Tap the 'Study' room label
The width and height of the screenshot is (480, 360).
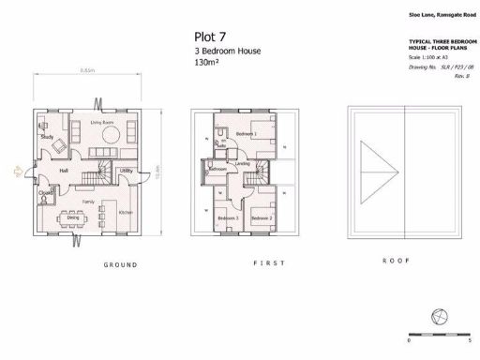point(45,138)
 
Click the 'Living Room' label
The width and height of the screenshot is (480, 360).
point(102,123)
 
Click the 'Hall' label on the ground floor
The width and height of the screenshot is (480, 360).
point(64,172)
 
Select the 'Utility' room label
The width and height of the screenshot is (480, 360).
point(126,171)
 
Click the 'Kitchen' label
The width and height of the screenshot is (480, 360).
point(126,213)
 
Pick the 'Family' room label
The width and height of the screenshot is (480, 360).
point(89,202)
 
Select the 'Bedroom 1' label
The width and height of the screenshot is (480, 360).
point(247,135)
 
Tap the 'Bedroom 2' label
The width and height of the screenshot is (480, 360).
point(263,218)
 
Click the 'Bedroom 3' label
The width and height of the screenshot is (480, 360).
point(228,218)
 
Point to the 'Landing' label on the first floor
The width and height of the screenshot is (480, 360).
point(242,164)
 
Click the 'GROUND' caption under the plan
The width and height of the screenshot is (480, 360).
point(119,265)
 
